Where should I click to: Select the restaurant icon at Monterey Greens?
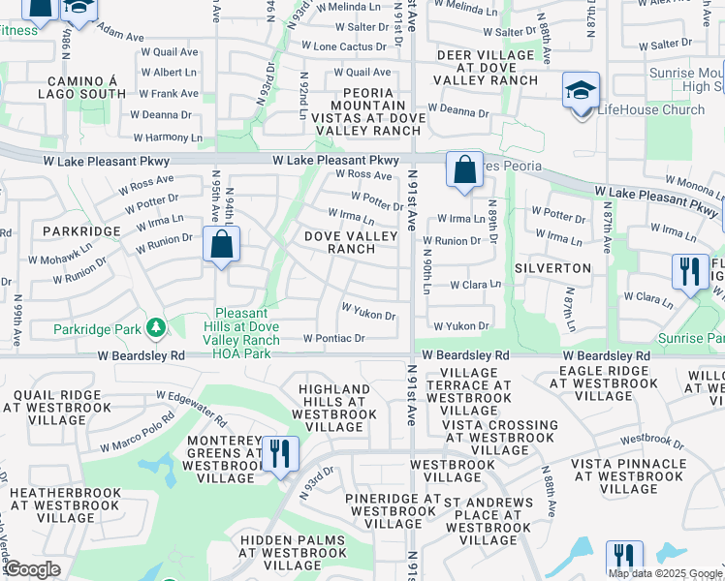tap(280, 455)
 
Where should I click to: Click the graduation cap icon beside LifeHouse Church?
tap(581, 93)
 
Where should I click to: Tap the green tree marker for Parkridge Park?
tap(154, 329)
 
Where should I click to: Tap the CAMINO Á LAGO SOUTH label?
tap(82, 87)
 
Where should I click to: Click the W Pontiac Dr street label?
tap(333, 339)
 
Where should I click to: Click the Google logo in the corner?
tap(32, 569)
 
